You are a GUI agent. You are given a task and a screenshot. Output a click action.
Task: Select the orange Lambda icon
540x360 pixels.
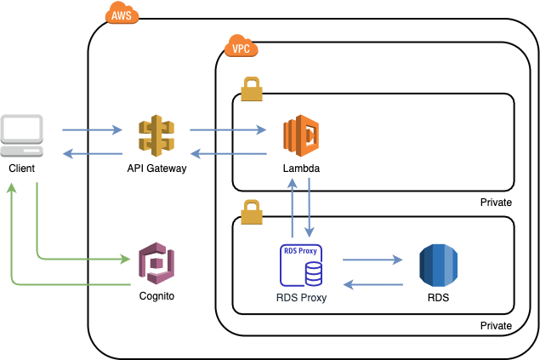tap(301, 136)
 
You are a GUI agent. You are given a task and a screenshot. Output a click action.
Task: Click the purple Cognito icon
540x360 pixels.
tap(156, 265)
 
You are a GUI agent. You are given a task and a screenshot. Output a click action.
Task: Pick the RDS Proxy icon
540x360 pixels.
tap(301, 266)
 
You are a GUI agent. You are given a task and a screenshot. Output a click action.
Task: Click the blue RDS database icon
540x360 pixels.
tap(438, 266)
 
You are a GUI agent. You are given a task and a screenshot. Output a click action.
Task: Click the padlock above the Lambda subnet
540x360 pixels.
tap(252, 88)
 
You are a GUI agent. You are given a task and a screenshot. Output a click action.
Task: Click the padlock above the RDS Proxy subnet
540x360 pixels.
tap(252, 211)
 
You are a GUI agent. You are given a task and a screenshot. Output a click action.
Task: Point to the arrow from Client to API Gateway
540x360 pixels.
tap(92, 131)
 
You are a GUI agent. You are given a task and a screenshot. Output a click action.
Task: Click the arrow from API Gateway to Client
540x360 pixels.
tap(92, 153)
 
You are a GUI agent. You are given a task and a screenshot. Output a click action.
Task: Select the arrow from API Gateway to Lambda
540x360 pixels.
tap(227, 131)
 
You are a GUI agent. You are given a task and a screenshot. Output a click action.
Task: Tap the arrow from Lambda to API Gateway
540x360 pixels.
tap(227, 153)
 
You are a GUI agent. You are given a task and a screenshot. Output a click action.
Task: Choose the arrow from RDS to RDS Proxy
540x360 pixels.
tap(372, 285)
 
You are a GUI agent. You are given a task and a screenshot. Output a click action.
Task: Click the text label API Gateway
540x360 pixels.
tap(156, 169)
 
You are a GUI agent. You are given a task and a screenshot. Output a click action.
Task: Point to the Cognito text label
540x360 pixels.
tap(156, 297)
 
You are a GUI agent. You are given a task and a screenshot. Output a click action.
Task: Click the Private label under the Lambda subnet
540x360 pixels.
tap(496, 203)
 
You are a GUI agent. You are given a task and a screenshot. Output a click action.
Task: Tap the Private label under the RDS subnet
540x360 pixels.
tap(496, 326)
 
